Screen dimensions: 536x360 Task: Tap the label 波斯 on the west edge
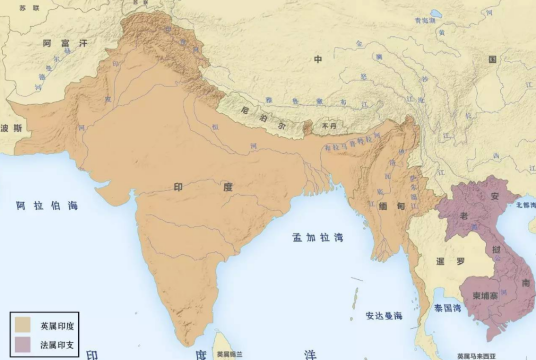coord(12,128)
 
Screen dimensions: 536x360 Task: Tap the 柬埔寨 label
coord(487,296)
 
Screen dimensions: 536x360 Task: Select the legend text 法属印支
coord(55,344)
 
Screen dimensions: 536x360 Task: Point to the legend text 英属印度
coord(55,326)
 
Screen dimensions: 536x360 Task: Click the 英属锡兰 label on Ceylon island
coord(217,354)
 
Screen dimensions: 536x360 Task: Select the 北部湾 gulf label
coord(525,204)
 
